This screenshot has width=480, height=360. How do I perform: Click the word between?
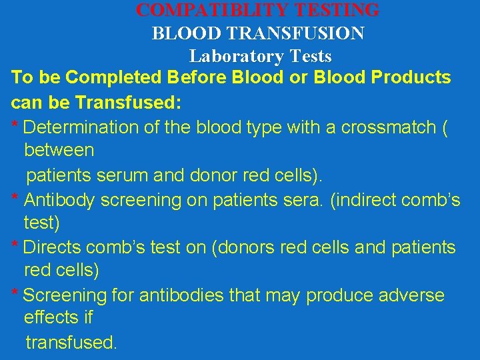59,151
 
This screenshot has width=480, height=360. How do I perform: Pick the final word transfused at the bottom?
71,343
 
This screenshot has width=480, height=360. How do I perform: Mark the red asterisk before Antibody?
15,198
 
